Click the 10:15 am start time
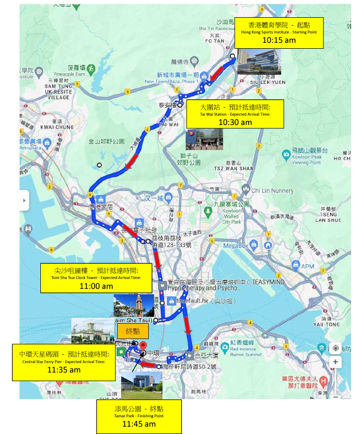[278, 40]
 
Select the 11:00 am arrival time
[97, 286]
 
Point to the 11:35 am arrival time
[64, 370]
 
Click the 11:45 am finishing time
[139, 424]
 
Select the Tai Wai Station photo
[200, 139]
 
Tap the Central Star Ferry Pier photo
[92, 330]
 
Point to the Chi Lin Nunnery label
[272, 191]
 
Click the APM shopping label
[307, 266]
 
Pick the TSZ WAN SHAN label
[232, 168]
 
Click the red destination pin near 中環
[143, 346]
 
